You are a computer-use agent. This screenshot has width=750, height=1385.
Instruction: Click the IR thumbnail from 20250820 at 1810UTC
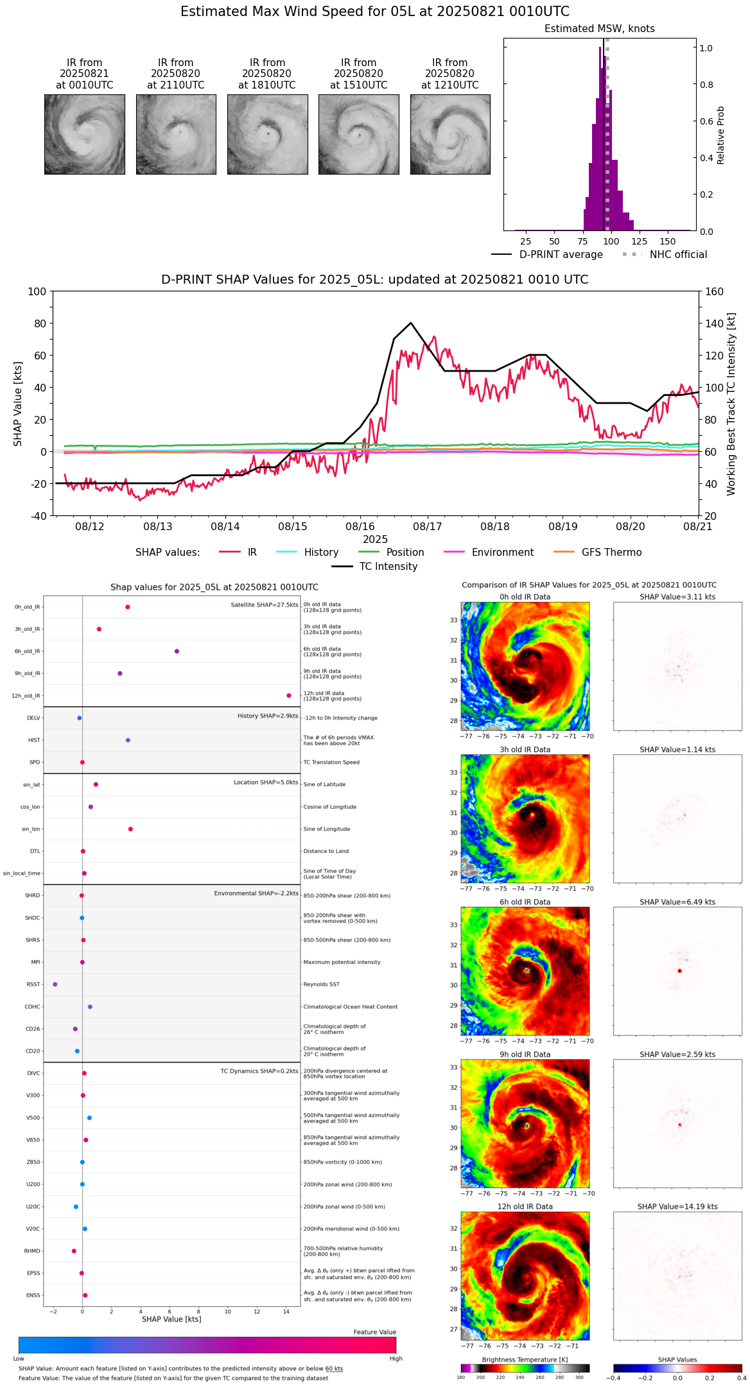point(267,134)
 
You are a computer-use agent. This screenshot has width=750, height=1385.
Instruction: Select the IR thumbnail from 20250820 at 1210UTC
point(450,134)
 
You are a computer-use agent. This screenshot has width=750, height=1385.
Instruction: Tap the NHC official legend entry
point(678,255)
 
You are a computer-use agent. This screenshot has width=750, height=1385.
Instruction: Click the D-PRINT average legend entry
point(561,255)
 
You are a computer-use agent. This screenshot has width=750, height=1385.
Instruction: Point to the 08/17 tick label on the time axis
point(428,527)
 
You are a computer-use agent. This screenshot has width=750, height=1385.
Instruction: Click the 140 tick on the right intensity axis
point(714,323)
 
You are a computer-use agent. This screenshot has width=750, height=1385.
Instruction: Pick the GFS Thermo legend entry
point(611,553)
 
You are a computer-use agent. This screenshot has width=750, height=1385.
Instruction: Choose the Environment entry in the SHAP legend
point(502,553)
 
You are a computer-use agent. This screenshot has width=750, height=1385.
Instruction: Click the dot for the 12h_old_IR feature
point(289,696)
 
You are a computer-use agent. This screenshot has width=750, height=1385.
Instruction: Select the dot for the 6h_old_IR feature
point(177,651)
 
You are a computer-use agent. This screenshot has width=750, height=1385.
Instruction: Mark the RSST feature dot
point(55,985)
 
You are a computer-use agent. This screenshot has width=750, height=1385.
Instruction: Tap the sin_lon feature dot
point(130,829)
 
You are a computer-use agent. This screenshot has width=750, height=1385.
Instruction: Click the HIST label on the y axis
point(34,741)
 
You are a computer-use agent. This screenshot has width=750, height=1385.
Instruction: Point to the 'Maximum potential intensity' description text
point(342,962)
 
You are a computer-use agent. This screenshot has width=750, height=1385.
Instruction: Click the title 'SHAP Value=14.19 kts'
point(677,1207)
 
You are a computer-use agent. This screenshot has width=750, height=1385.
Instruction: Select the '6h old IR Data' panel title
point(525,902)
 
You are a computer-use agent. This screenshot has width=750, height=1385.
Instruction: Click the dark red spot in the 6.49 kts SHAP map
point(679,971)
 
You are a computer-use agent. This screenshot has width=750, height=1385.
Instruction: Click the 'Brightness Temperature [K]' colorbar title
point(525,1359)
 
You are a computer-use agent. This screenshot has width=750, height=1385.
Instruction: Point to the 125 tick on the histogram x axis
point(640,242)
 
